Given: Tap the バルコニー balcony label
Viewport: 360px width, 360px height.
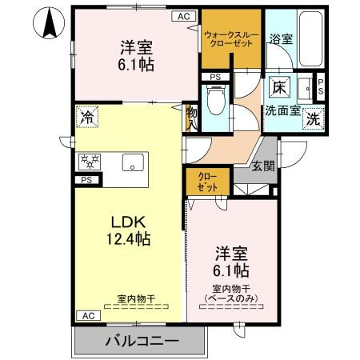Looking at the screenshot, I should click(x=141, y=342).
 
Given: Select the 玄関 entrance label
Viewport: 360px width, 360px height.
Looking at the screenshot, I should click(x=262, y=166).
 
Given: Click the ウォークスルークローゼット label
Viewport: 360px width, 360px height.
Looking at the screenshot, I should click(x=232, y=39).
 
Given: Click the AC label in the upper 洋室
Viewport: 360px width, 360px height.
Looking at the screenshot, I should click(x=183, y=15).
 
